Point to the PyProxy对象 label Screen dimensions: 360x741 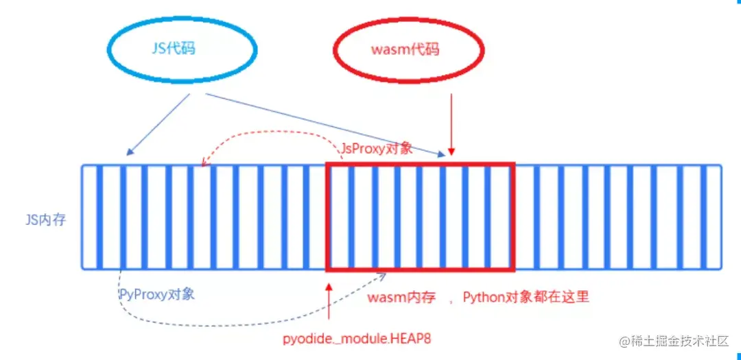coord(156,294)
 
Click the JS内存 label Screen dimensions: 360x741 coord(44,221)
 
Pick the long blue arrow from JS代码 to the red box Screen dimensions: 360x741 coord(322,123)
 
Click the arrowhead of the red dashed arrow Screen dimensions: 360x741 coord(203,163)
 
